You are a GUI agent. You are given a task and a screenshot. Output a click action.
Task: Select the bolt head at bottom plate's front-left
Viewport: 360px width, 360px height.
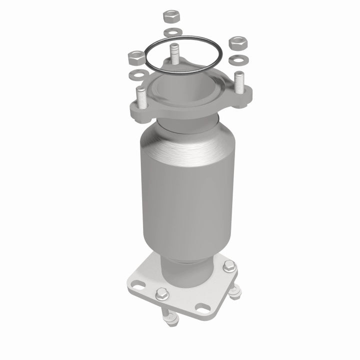click(x=161, y=295)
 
